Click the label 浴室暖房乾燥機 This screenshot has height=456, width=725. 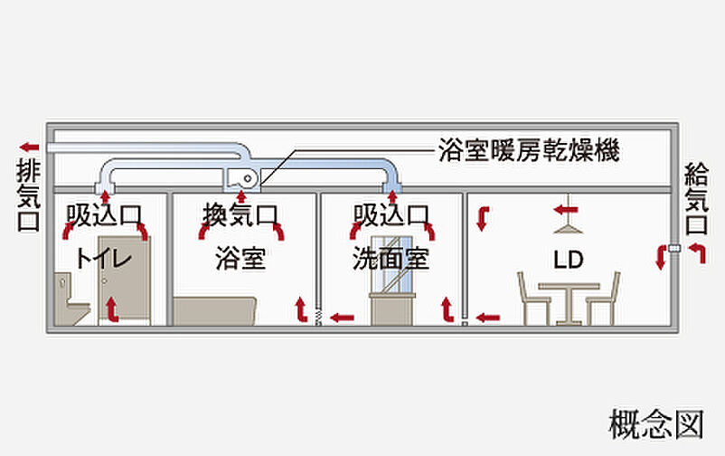[528, 149]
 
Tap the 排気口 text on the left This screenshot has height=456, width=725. [27, 195]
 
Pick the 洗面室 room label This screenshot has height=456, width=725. [391, 259]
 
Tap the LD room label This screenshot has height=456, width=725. [569, 260]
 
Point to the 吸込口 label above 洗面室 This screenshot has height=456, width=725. [391, 215]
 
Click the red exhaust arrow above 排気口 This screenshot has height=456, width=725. [29, 146]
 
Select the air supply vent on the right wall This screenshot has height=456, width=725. [673, 247]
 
